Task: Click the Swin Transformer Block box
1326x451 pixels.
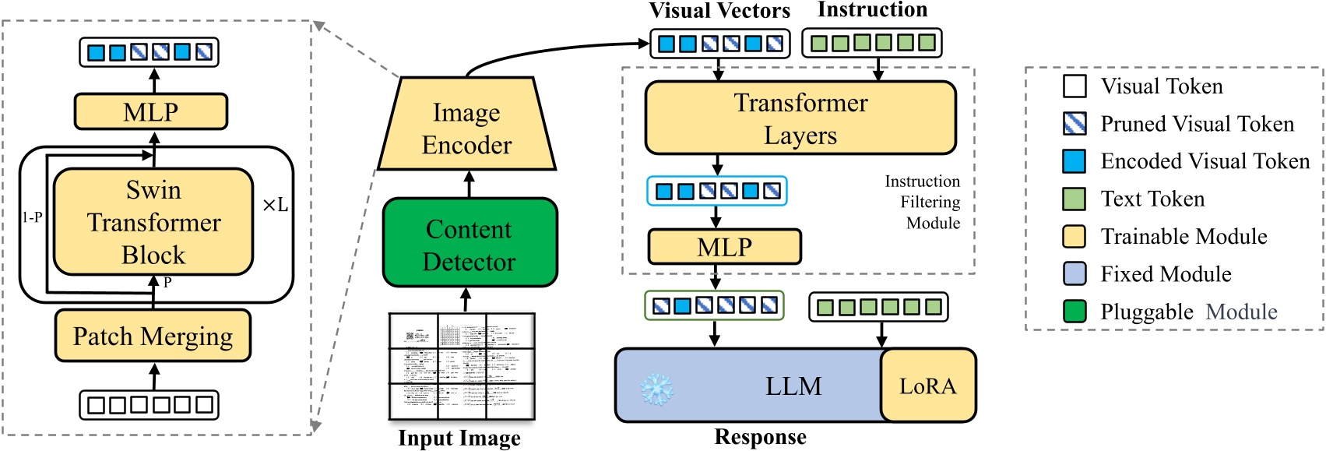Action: click(153, 222)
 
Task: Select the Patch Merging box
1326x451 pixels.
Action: click(153, 336)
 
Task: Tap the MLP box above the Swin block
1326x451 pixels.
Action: click(150, 111)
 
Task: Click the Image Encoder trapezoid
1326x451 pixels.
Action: click(466, 128)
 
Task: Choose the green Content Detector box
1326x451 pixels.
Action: click(470, 244)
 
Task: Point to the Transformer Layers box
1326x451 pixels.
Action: click(800, 118)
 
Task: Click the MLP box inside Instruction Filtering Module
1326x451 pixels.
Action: click(724, 247)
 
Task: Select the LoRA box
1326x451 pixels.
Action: click(927, 386)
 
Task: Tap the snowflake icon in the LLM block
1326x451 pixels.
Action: click(656, 388)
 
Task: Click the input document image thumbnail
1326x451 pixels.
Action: click(462, 366)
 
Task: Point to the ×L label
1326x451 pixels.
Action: click(275, 206)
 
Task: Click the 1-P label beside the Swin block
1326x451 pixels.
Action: click(32, 217)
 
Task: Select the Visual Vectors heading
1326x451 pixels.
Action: click(719, 11)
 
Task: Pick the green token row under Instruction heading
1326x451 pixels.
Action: click(871, 43)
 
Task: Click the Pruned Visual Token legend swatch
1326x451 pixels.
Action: click(1075, 124)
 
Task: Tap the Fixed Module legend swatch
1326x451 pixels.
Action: click(1075, 274)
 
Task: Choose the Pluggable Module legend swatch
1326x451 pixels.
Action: click(1075, 312)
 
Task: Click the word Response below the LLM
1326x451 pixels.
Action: click(760, 438)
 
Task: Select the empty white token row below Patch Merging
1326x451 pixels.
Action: click(149, 405)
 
